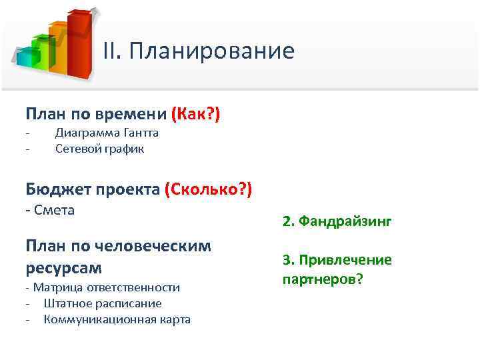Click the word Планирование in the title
[212, 51]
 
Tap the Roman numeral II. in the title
[113, 51]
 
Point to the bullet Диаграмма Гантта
[107, 133]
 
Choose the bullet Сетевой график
[99, 149]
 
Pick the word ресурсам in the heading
[64, 268]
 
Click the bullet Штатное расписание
[103, 303]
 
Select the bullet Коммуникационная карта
[117, 319]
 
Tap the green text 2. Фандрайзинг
[337, 221]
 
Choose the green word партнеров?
[323, 277]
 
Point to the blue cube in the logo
[25, 59]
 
